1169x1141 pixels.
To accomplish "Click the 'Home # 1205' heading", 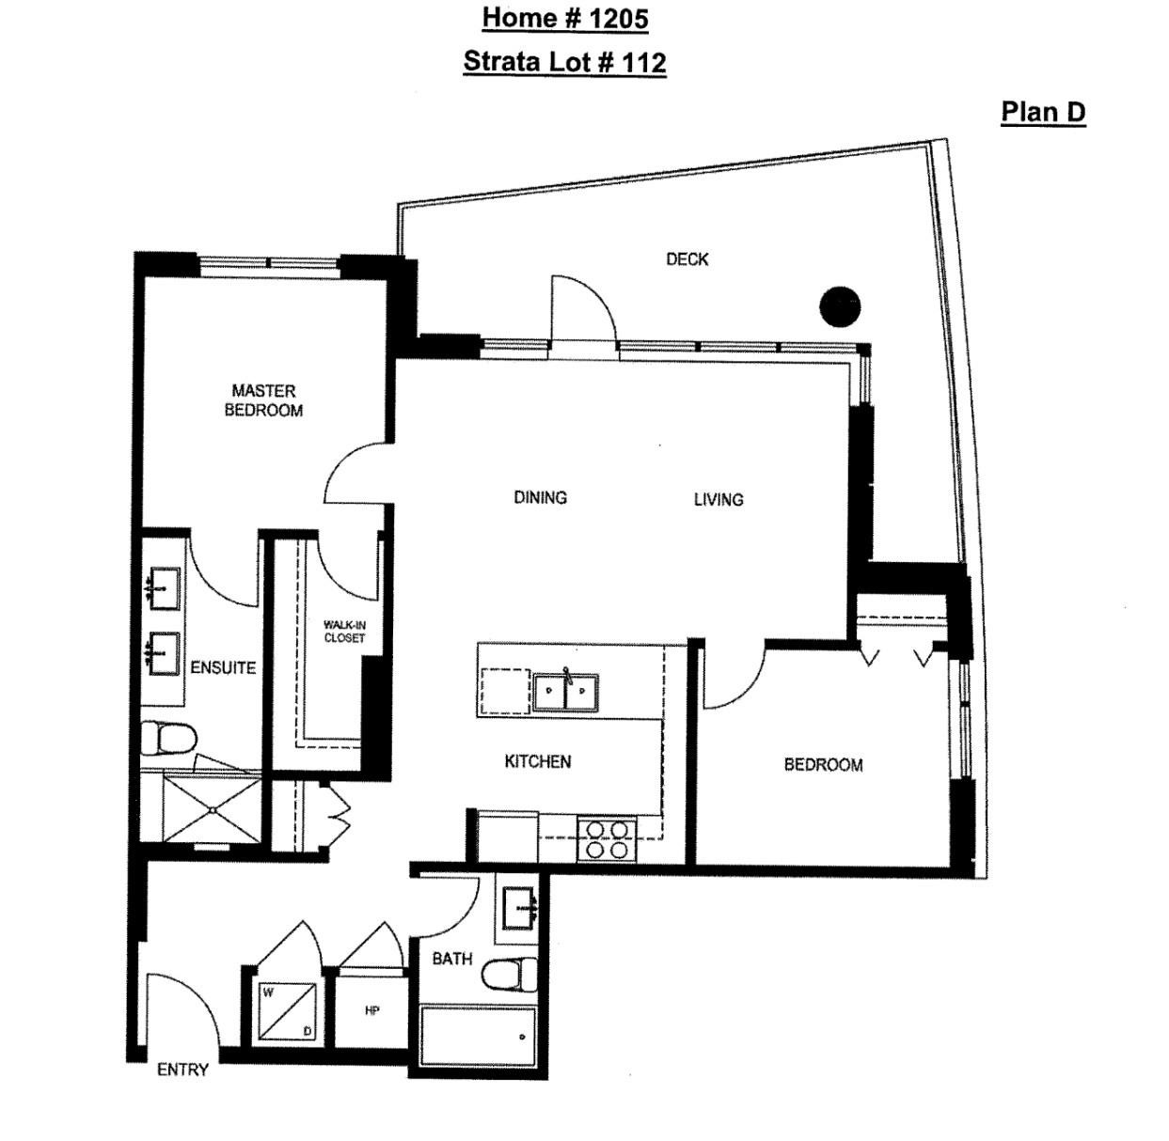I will (564, 18).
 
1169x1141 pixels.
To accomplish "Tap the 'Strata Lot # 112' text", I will (564, 62).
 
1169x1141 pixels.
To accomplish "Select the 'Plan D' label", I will (1042, 112).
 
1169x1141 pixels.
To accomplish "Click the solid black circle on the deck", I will (840, 306).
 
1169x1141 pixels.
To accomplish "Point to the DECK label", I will (687, 259).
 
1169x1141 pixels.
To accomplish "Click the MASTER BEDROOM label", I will (263, 400).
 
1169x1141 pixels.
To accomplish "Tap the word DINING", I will (540, 497).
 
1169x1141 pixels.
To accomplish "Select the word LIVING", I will (719, 499).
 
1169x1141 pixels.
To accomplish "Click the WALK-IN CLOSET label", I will (344, 632).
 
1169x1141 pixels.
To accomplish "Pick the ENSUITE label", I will (223, 667).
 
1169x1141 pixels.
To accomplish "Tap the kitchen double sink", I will (565, 696).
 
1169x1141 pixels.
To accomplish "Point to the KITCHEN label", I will (538, 761).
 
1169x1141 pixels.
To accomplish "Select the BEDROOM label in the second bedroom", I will (823, 765).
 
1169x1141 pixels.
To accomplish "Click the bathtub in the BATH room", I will (478, 1036).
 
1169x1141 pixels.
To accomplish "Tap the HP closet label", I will (371, 1010).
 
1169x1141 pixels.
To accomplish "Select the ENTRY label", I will (182, 1070).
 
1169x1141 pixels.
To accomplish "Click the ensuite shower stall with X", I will (212, 808).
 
